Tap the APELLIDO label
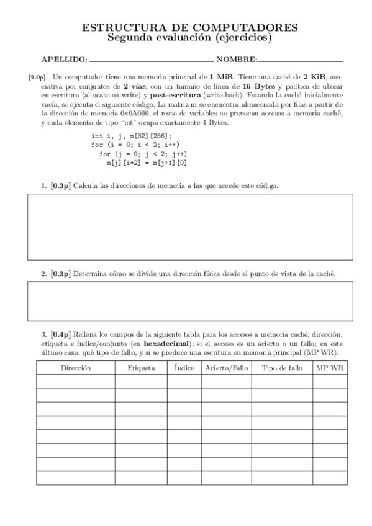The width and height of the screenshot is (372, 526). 64,60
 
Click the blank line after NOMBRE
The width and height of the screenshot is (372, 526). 300,61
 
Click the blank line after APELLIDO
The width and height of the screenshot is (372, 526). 152,61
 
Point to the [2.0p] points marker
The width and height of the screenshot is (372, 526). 37,78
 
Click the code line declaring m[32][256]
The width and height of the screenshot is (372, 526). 131,136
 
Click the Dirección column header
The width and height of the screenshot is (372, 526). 76,368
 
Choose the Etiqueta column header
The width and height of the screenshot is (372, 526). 141,368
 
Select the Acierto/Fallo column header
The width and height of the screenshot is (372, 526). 226,368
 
